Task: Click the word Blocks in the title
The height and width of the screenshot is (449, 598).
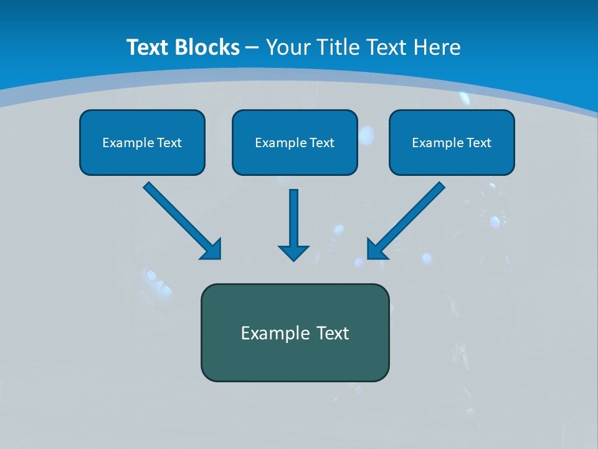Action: pyautogui.click(x=208, y=47)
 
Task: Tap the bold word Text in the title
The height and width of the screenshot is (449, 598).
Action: pyautogui.click(x=149, y=47)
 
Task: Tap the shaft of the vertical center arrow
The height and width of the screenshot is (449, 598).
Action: pyautogui.click(x=293, y=215)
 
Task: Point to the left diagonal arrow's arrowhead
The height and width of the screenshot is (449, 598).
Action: pyautogui.click(x=212, y=250)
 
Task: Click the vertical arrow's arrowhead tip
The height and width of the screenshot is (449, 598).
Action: pyautogui.click(x=293, y=258)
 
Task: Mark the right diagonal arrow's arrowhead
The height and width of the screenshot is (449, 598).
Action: pyautogui.click(x=376, y=250)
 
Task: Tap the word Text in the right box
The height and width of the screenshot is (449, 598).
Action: pyautogui.click(x=478, y=143)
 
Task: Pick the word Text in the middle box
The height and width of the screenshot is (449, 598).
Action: pyautogui.click(x=321, y=143)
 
